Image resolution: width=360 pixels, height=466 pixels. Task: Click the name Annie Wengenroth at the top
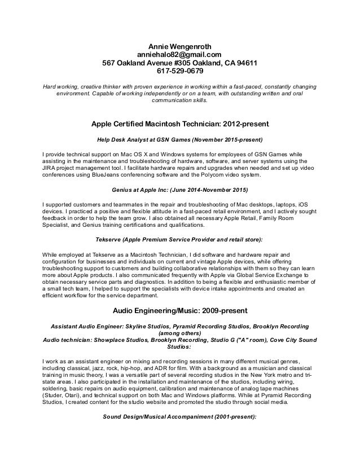click(179, 45)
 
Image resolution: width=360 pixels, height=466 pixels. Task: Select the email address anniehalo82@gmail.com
click(179, 54)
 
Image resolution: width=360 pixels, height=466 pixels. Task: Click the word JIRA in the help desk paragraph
click(52, 168)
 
